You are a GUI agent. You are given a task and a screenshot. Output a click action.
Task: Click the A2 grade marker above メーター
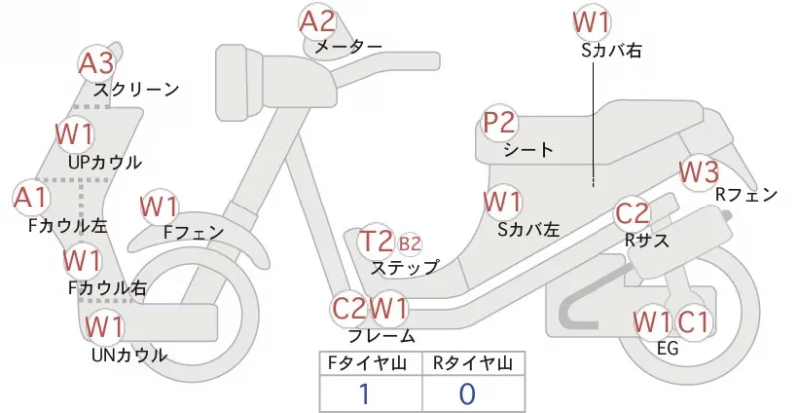(x=317, y=22)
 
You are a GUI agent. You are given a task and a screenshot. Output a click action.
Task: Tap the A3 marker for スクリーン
(x=97, y=64)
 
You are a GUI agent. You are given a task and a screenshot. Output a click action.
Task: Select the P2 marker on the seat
(x=500, y=123)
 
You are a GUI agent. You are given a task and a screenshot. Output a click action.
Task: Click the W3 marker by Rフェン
(x=699, y=172)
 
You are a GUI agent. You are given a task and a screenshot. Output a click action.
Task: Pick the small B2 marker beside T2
(x=409, y=244)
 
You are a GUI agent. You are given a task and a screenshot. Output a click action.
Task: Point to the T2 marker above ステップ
(x=376, y=241)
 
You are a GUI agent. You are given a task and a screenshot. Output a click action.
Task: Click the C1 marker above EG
(x=692, y=322)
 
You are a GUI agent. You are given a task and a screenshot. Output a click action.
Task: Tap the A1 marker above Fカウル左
(x=32, y=198)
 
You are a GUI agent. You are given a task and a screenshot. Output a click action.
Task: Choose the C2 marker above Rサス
(x=632, y=213)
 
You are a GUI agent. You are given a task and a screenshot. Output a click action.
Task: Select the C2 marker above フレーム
(x=349, y=308)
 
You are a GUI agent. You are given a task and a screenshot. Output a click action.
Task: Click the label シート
(x=528, y=150)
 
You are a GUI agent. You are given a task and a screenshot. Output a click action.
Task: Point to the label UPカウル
(x=105, y=162)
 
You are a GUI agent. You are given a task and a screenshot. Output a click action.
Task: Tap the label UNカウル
(x=129, y=355)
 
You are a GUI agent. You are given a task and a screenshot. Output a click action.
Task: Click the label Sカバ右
(x=611, y=50)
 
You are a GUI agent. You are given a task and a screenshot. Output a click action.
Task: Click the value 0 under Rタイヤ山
(x=467, y=394)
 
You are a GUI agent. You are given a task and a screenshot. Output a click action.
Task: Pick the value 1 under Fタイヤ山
(x=365, y=394)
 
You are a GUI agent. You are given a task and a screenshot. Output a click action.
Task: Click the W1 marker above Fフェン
(x=159, y=207)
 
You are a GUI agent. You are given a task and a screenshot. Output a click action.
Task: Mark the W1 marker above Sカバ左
(x=503, y=203)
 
